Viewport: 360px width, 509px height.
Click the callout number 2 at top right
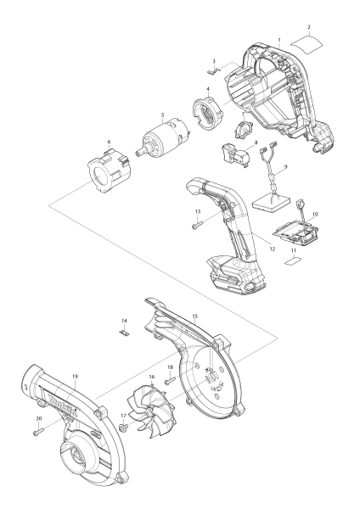point(309,27)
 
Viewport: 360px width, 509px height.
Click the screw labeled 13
point(196,225)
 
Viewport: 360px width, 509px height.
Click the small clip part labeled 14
point(125,333)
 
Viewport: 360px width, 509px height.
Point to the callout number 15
point(194,316)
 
